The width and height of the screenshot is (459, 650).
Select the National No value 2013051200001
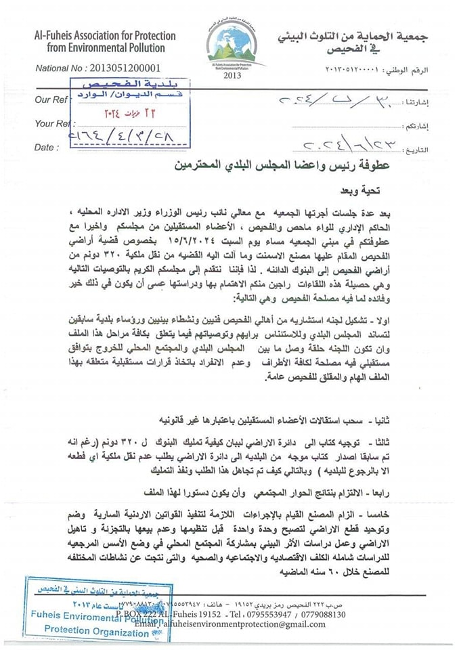coord(125,68)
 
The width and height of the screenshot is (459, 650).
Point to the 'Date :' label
coord(46,147)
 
